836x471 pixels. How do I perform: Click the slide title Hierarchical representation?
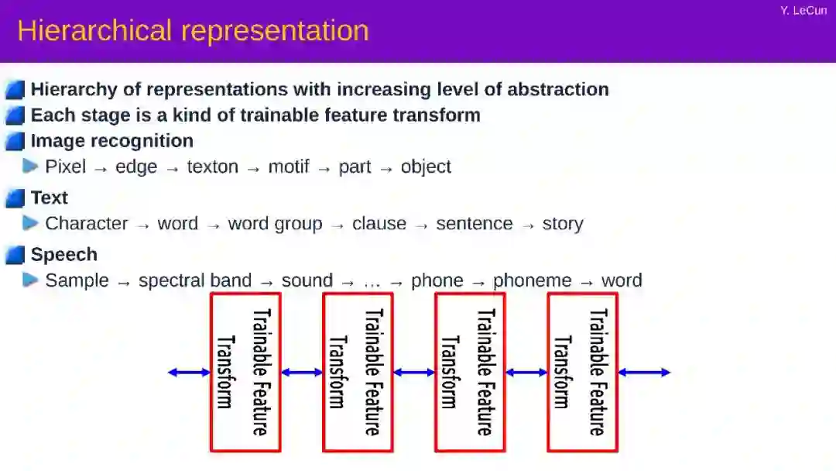click(x=193, y=31)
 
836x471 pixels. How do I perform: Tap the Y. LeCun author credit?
click(x=803, y=10)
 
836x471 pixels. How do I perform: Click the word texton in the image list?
click(x=212, y=167)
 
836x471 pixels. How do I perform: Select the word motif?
click(x=289, y=167)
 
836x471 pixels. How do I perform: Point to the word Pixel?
click(x=66, y=167)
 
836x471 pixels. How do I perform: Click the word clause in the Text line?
click(x=379, y=224)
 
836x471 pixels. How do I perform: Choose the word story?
click(x=563, y=224)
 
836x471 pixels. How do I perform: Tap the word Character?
click(x=87, y=224)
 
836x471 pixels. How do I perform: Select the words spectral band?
click(x=195, y=280)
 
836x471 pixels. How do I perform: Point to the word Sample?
click(x=77, y=280)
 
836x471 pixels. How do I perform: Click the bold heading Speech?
click(x=64, y=255)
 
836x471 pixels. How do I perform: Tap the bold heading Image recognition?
click(x=112, y=141)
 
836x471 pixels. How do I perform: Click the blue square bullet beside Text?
click(x=15, y=198)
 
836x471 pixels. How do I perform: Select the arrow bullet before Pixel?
click(x=31, y=166)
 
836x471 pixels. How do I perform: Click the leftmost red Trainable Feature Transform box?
click(x=245, y=372)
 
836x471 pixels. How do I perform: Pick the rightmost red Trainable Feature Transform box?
click(x=582, y=372)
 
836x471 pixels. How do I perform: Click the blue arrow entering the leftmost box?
click(x=189, y=373)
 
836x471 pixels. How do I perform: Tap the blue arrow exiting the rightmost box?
click(x=643, y=373)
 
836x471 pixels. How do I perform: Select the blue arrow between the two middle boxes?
click(x=414, y=373)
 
